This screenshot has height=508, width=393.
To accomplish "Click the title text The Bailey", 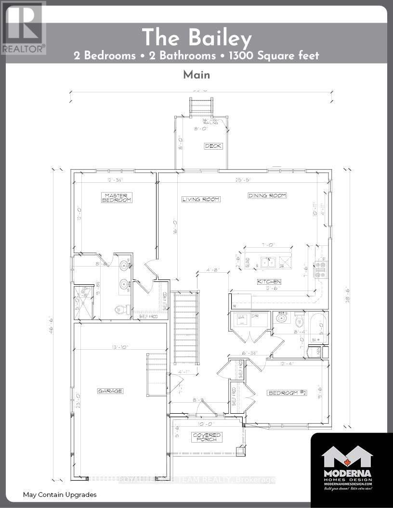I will [196, 37].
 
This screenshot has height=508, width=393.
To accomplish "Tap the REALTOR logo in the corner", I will [23, 27].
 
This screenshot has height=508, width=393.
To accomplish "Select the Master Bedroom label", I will [116, 197].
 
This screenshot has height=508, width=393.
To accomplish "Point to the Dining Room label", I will [267, 195].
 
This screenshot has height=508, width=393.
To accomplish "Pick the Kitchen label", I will [269, 281].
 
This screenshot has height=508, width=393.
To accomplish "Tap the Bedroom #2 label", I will [288, 393].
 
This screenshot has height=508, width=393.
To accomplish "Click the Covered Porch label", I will [207, 437].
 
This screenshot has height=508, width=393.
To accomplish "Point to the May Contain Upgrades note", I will [60, 495].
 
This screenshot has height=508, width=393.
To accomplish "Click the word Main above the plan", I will [196, 75].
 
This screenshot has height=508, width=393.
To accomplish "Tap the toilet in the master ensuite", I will [119, 310].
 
